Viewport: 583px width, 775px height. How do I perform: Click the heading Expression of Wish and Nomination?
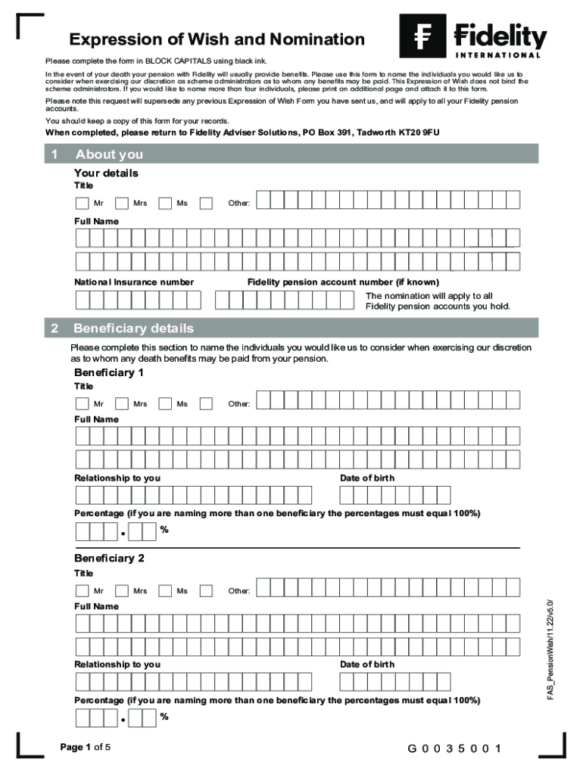tap(217, 39)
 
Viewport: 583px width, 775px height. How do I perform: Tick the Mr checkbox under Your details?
tap(82, 203)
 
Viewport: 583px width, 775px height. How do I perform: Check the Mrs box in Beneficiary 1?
tap(122, 403)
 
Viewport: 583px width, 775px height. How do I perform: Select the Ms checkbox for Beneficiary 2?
tap(165, 590)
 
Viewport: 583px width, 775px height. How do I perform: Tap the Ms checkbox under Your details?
tap(165, 203)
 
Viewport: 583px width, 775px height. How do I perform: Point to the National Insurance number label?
tap(133, 282)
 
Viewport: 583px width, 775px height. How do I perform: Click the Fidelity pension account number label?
tap(343, 282)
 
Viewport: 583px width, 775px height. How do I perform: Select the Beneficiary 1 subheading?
tap(108, 373)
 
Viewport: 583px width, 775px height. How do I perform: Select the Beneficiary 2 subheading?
tap(108, 559)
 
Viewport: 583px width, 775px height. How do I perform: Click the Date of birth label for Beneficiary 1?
tap(367, 478)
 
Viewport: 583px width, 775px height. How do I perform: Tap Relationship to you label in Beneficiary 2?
tap(117, 664)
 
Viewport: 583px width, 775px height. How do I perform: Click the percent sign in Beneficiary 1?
tap(164, 530)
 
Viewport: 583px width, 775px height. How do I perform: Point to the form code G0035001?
tap(454, 749)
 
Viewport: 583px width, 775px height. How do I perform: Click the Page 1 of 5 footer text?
tap(86, 748)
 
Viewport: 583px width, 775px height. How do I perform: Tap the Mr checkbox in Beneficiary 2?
tap(82, 590)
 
